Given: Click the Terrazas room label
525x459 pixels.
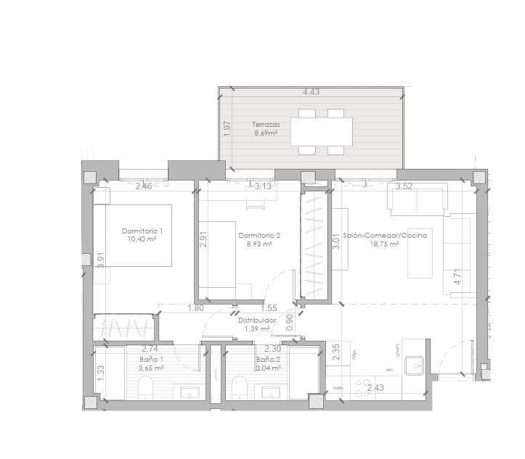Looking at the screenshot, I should (x=266, y=124).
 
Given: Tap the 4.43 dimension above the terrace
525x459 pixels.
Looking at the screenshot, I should (x=312, y=92).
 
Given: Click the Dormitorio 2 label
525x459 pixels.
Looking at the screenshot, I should (x=259, y=235).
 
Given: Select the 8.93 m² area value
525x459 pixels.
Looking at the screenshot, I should (x=259, y=244).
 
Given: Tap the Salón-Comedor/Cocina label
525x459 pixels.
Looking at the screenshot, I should (x=384, y=235).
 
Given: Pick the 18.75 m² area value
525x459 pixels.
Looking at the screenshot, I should (x=384, y=244).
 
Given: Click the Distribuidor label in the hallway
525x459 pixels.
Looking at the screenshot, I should (x=257, y=319).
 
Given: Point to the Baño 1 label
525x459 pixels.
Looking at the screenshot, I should (x=151, y=359).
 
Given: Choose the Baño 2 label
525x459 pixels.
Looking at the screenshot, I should (x=268, y=359).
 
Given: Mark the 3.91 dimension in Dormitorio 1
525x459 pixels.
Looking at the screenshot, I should (x=102, y=260).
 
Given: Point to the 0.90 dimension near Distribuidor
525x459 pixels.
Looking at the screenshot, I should (x=290, y=323).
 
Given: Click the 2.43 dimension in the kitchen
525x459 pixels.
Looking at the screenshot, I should (x=375, y=389).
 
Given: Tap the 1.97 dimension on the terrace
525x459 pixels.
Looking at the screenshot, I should (x=227, y=129).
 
